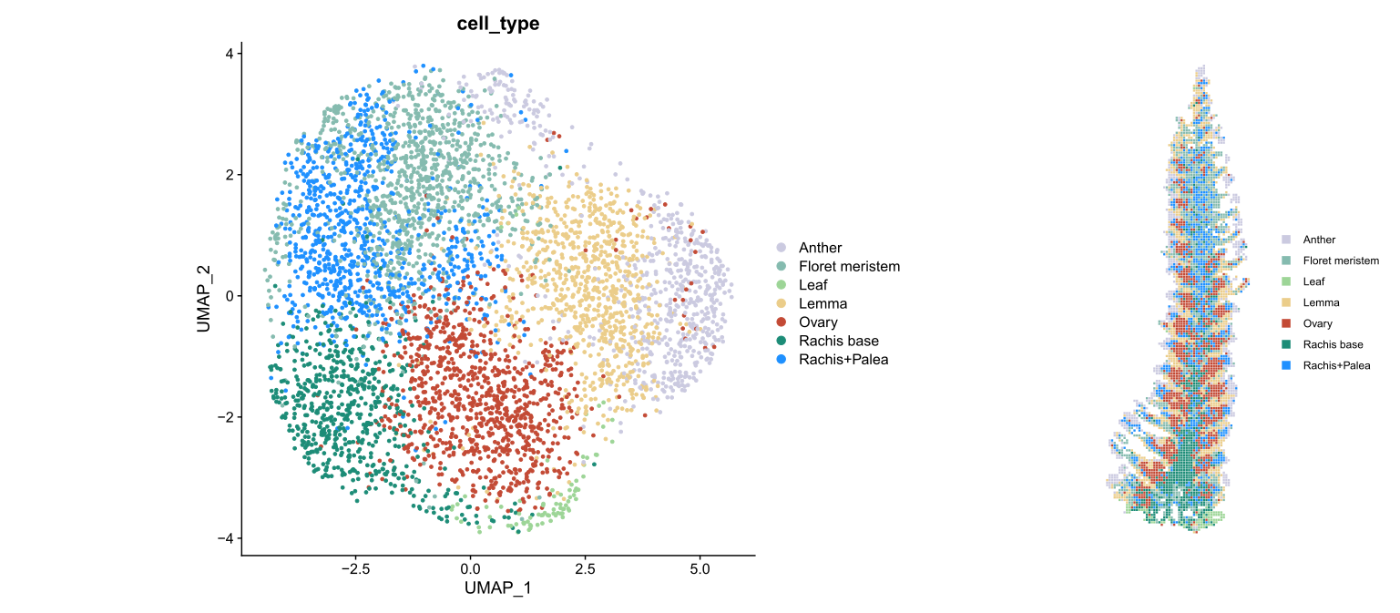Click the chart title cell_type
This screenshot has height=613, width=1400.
[497, 25]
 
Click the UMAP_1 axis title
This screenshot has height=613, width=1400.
[497, 588]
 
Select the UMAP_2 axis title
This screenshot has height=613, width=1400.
[205, 296]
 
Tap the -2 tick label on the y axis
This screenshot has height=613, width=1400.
[224, 417]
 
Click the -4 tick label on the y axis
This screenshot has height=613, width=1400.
[224, 538]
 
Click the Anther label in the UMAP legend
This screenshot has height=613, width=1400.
[820, 248]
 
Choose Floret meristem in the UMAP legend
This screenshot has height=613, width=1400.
[849, 267]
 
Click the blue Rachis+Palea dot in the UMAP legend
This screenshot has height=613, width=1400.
[782, 360]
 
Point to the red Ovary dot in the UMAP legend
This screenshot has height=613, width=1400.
[782, 322]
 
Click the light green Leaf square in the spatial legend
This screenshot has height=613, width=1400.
[1286, 281]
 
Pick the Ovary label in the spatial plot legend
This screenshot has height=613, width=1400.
[1319, 323]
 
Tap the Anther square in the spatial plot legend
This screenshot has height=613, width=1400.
[1286, 240]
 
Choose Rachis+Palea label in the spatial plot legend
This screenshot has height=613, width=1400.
[1336, 365]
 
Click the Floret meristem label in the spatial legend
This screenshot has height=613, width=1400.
[1341, 261]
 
